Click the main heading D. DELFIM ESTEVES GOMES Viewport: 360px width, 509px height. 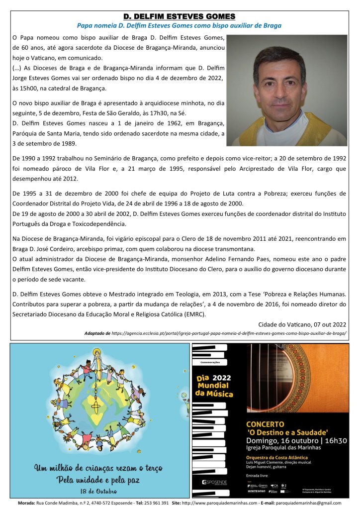[180, 16]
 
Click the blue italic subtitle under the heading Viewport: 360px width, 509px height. [180, 25]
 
